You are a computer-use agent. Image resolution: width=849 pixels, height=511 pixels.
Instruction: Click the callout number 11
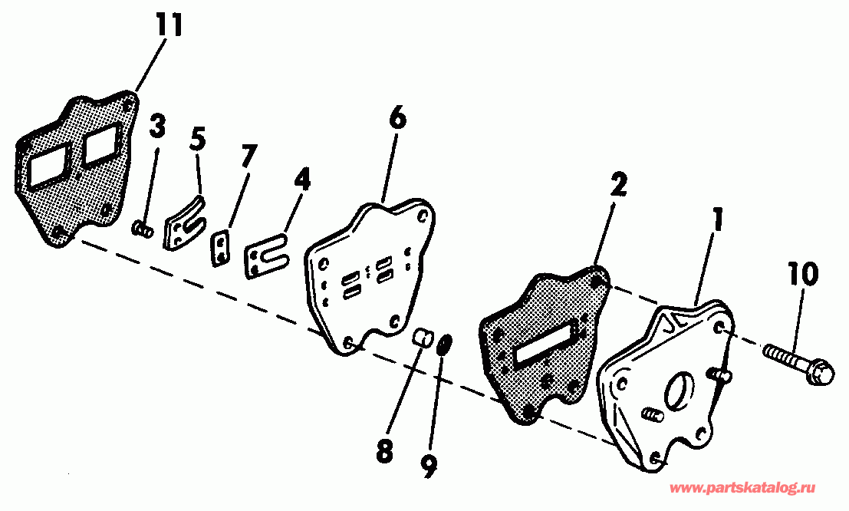(171, 26)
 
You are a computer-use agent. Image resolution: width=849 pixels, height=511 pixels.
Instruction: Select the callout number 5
(198, 140)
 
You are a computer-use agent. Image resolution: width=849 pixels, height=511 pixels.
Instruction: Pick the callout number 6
(397, 119)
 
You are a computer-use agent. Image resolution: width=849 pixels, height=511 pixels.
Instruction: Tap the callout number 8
(383, 451)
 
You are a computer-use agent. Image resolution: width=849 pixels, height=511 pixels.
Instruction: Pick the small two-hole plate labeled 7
(222, 249)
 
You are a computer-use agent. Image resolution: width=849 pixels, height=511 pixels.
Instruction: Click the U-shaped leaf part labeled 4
(265, 256)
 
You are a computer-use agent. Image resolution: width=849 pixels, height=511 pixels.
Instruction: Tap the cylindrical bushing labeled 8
(422, 338)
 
